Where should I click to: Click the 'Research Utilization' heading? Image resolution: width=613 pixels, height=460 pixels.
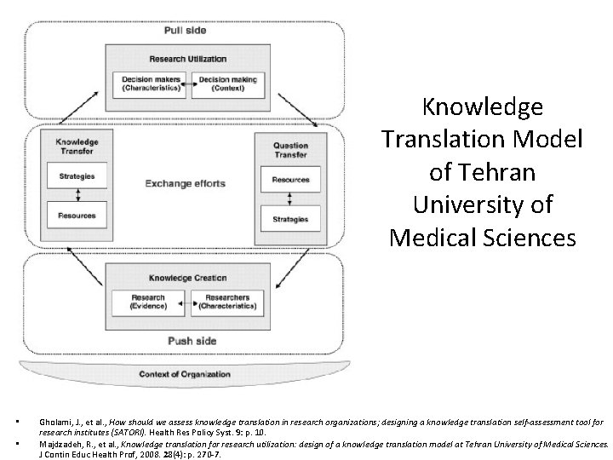point(187,59)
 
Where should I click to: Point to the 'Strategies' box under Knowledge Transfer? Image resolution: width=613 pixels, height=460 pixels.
point(77,176)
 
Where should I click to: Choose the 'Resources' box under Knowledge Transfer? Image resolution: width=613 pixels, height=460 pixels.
point(77,215)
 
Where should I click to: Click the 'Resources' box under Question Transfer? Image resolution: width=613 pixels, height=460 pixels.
point(290,180)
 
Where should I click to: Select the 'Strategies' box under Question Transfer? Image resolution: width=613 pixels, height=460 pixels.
point(290,220)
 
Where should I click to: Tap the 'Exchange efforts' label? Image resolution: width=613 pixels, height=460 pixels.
point(180,182)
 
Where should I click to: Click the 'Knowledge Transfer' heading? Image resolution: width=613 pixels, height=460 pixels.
point(77,147)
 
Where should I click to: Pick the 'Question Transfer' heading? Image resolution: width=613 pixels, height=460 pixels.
point(290,150)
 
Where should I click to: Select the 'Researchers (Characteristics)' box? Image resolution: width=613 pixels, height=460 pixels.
point(225,302)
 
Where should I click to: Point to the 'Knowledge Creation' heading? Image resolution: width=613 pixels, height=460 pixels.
point(185,278)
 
